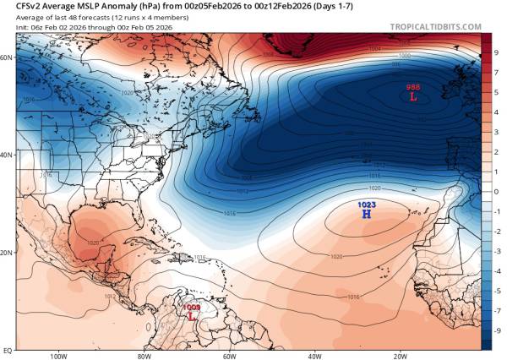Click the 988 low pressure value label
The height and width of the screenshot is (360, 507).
(x=412, y=87)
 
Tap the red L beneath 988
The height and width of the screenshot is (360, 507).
(x=412, y=97)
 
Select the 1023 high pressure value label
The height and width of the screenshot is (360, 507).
(x=366, y=205)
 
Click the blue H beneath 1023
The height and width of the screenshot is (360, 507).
(x=366, y=215)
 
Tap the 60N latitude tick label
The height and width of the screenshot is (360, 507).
(x=7, y=57)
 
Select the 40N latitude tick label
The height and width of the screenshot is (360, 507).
(x=7, y=155)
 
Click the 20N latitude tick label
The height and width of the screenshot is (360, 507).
(x=7, y=253)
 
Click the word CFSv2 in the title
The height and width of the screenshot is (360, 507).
(x=18, y=8)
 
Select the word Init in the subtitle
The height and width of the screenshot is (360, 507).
(x=10, y=26)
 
